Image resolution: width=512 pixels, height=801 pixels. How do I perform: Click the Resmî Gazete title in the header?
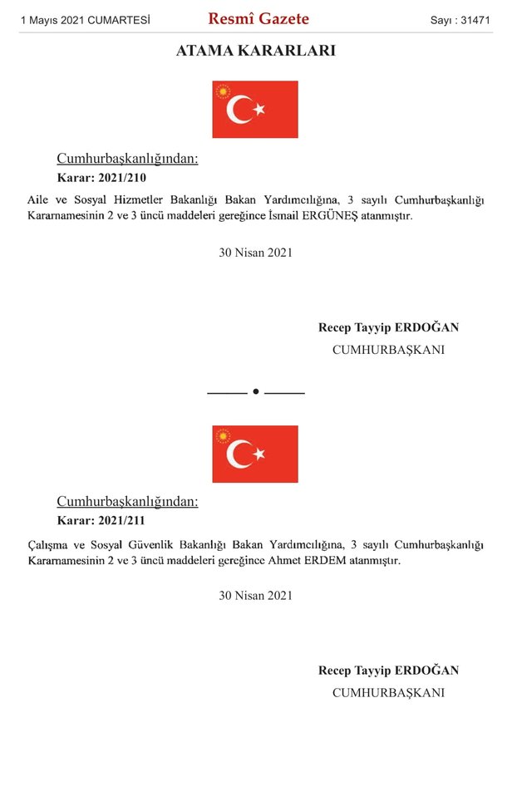click(x=258, y=18)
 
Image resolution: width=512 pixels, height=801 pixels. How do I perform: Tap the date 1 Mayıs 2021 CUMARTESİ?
click(x=85, y=19)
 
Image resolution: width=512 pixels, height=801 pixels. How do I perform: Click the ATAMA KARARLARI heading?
click(x=256, y=51)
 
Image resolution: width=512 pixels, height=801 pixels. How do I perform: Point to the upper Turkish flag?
click(x=255, y=109)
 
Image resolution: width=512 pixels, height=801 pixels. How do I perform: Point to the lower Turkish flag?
click(x=255, y=454)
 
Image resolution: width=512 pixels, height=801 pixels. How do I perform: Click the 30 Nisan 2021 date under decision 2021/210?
click(x=255, y=253)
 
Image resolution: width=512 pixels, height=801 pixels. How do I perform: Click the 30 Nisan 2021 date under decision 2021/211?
click(x=255, y=596)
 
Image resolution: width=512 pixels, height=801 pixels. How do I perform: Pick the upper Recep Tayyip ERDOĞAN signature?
click(x=388, y=327)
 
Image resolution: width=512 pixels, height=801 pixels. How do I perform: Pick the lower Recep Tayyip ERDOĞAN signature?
click(x=388, y=671)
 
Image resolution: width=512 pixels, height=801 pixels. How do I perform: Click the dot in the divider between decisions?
click(x=256, y=391)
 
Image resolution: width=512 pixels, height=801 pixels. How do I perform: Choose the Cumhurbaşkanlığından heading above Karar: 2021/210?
click(x=127, y=159)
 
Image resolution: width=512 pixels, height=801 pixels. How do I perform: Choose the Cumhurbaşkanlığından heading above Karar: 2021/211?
click(x=127, y=502)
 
